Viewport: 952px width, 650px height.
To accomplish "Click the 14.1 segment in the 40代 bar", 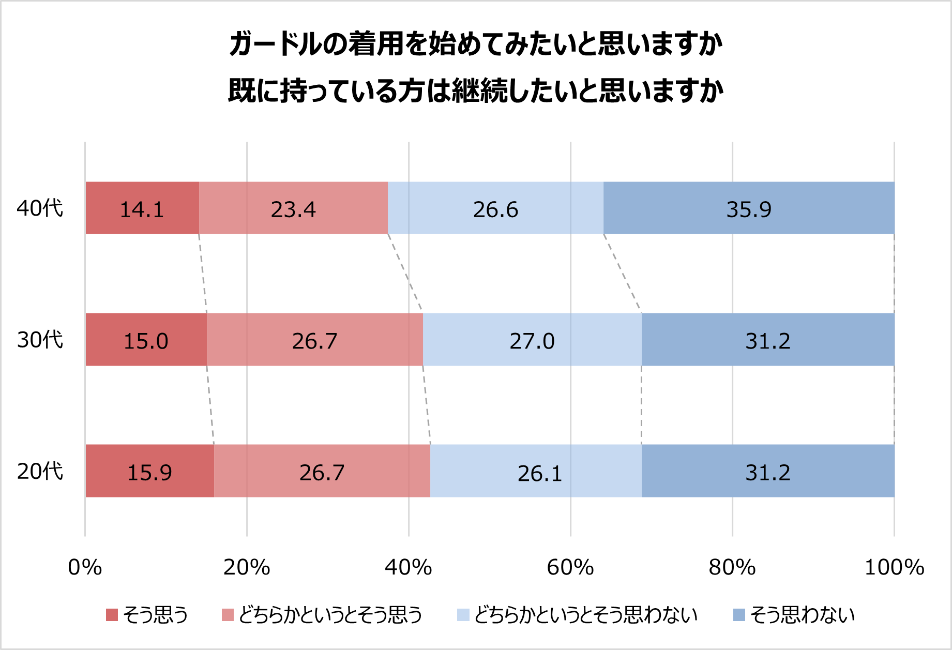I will [142, 208].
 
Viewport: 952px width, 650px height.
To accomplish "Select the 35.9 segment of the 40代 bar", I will [748, 208].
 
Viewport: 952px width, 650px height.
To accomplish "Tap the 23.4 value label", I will [293, 209].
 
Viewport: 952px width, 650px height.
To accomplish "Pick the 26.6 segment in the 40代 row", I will [495, 208].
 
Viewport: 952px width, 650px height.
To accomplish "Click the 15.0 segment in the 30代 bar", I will [146, 340].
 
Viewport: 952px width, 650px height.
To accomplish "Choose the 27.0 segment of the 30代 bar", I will [532, 340].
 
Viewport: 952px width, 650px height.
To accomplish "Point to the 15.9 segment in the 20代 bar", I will [149, 471].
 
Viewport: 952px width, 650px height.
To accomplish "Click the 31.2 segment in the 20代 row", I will [768, 471].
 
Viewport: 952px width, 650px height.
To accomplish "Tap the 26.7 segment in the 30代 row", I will [314, 340].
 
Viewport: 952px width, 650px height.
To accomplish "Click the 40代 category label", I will [40, 208].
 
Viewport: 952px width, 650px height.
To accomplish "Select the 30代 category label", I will [40, 340].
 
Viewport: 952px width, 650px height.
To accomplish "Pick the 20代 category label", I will [40, 471].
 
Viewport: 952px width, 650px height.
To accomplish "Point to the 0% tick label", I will [85, 567].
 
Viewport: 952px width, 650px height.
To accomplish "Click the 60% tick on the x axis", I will [570, 567].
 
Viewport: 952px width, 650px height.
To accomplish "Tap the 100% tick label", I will [894, 567].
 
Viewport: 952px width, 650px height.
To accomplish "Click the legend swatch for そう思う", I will [112, 615].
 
